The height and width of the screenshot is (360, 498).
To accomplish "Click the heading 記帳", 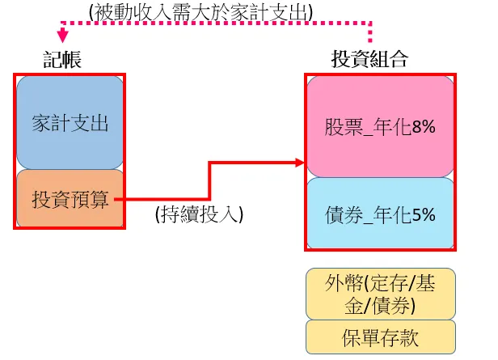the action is (x=62, y=59).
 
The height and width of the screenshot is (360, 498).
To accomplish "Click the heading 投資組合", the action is (x=369, y=59).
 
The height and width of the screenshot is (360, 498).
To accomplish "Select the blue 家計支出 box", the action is (x=70, y=122).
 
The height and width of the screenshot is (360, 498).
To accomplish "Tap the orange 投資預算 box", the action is (x=70, y=198).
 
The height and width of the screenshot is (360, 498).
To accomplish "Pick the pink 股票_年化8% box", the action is (x=380, y=126).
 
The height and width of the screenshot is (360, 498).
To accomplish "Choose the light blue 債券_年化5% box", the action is (x=380, y=213).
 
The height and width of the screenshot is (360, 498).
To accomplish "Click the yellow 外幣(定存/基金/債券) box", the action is (x=381, y=294).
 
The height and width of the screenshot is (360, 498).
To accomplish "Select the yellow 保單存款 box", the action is (x=381, y=337).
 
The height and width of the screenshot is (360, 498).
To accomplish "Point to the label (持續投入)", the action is (x=199, y=214).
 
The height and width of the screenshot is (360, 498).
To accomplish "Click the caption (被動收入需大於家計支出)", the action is (x=200, y=13).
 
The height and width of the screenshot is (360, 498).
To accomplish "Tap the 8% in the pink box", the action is (x=424, y=127).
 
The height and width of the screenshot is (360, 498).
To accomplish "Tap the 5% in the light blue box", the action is (x=424, y=215).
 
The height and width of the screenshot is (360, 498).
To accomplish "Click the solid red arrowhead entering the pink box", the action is (x=300, y=163).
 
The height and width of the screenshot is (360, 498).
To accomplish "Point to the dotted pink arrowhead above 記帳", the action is (x=63, y=36).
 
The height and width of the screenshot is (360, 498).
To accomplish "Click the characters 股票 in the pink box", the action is (x=344, y=127).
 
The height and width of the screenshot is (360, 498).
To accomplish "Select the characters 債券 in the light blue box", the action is (x=344, y=215).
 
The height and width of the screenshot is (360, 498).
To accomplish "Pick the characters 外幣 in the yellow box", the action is (x=344, y=283).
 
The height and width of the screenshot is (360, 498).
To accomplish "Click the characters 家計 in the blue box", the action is (x=51, y=123).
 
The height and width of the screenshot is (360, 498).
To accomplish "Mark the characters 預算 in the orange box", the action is (x=89, y=199).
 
